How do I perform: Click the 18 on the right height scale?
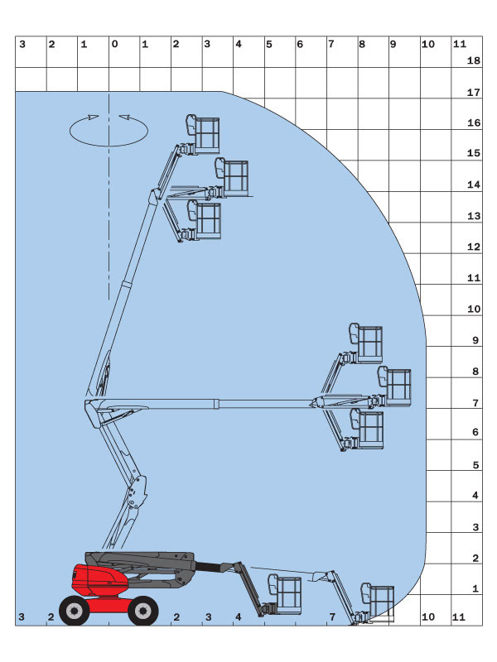(x=475, y=61)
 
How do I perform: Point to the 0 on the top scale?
(x=114, y=44)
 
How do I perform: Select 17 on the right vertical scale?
(x=475, y=93)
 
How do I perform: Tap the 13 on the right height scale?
(x=475, y=216)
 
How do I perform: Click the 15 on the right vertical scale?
(x=475, y=154)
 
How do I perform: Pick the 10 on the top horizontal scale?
(x=427, y=44)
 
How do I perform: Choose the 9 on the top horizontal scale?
(x=393, y=44)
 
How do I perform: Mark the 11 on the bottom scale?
(x=460, y=617)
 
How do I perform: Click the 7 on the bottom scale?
(x=331, y=617)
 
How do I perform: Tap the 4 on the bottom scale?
(x=239, y=617)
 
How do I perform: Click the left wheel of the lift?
(x=75, y=611)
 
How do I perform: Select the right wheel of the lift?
(x=143, y=611)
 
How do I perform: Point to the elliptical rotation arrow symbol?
(x=109, y=130)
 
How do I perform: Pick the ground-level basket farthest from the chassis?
(x=381, y=601)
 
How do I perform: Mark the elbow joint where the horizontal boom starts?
(x=91, y=403)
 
